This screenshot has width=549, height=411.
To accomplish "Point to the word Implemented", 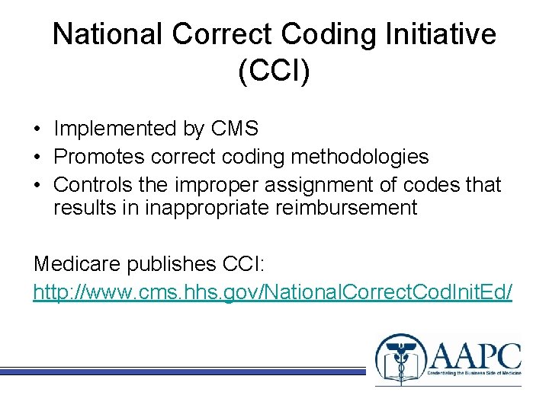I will pos(115,129).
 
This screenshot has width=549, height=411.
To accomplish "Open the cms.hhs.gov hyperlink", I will pos(273,292).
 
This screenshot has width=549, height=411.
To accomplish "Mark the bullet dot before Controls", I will pos(38,186).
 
